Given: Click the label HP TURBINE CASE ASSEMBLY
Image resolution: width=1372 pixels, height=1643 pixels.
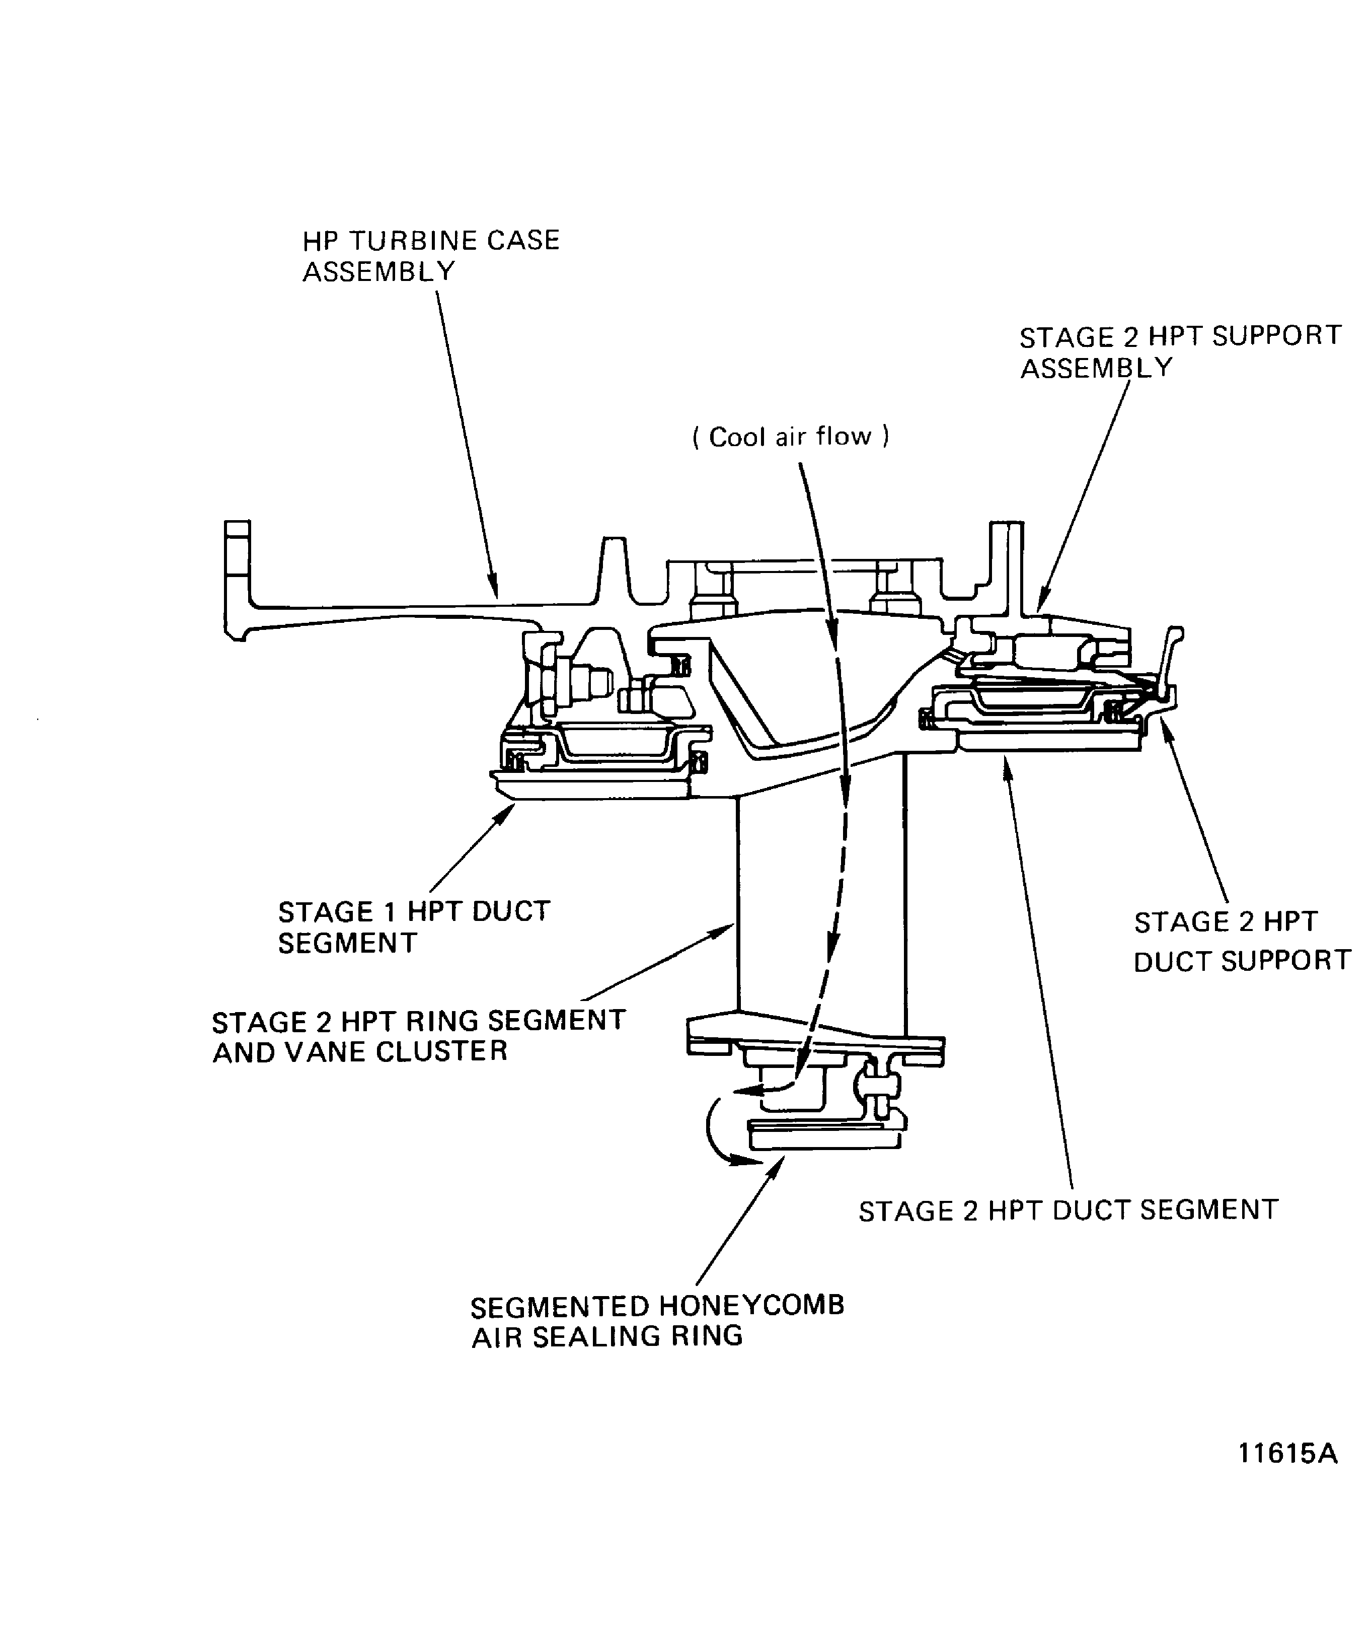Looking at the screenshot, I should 430,255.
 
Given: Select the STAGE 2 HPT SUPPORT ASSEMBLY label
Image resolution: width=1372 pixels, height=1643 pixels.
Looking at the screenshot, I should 1180,351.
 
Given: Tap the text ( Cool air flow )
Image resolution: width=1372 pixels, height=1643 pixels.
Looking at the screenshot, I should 791,437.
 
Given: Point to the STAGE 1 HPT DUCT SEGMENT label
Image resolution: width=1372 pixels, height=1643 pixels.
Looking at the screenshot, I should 414,927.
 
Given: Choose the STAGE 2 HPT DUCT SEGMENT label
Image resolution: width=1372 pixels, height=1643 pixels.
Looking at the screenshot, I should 1068,1210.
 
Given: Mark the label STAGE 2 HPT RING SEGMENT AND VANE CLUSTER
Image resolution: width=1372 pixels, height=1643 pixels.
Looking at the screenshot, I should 418,1036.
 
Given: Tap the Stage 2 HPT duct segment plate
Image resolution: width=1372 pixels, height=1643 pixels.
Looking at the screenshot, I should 1048,739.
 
